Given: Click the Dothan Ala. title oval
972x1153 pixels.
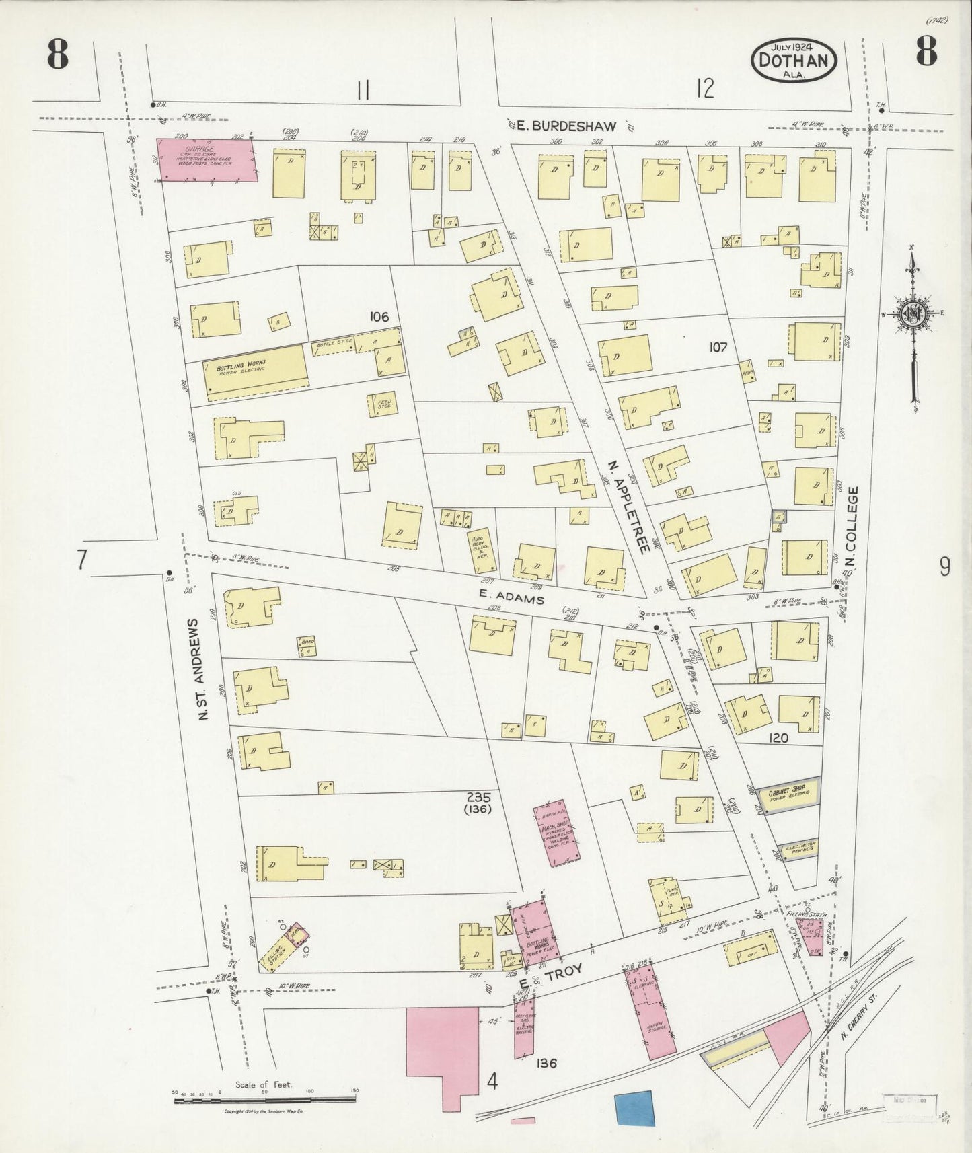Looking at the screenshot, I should tap(794, 61).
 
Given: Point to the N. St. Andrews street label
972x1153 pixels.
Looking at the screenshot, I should tap(200, 669).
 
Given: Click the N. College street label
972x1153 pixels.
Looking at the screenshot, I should tap(852, 526).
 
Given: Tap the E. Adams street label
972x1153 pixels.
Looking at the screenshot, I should tap(511, 596).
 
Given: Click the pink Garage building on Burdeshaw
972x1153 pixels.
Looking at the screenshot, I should tap(207, 160).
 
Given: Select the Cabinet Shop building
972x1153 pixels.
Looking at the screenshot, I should tap(787, 796).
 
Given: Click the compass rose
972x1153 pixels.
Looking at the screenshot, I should tap(913, 314).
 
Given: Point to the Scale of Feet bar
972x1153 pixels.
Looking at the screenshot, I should tap(264, 1099).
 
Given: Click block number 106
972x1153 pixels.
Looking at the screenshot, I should tap(379, 316).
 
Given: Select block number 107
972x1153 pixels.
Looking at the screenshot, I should tap(718, 347).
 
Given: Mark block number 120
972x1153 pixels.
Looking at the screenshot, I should tap(778, 738).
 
